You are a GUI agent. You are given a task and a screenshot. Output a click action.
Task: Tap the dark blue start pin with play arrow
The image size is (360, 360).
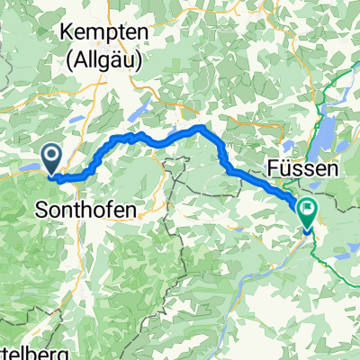tap(51, 160)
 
